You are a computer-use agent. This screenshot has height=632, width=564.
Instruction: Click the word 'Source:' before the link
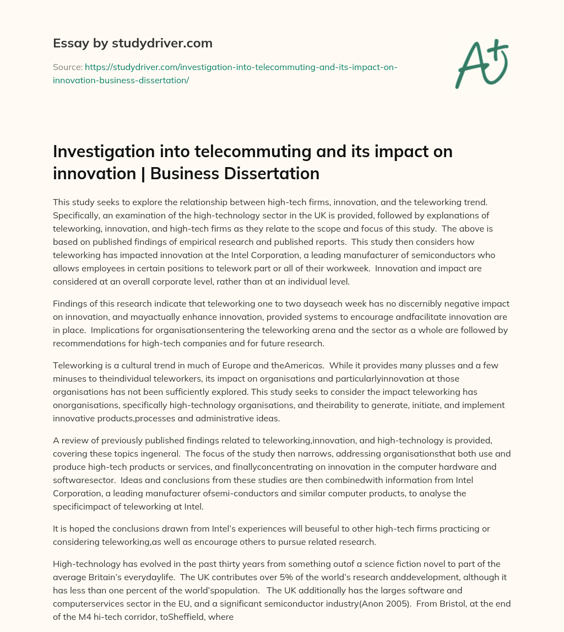pos(67,67)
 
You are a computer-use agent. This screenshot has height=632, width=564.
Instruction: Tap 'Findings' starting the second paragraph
pos(70,304)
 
